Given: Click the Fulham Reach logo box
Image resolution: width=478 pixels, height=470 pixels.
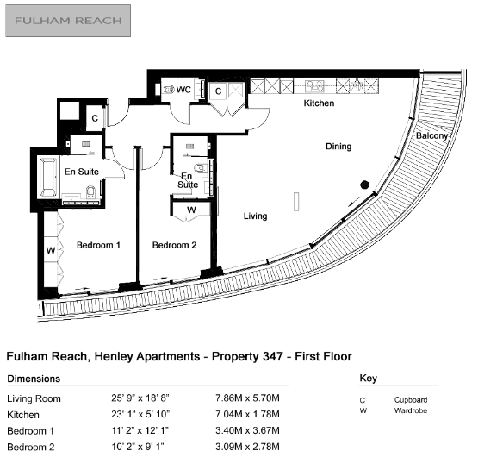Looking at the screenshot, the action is click(x=68, y=21).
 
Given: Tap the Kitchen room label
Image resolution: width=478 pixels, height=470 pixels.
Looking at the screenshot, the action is click(x=319, y=103).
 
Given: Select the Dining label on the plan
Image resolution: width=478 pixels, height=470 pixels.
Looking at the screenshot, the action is click(x=338, y=147).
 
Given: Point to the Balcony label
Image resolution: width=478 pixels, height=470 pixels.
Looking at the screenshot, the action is click(x=432, y=135).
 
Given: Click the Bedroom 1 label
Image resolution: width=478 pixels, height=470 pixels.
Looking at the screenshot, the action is click(x=98, y=245).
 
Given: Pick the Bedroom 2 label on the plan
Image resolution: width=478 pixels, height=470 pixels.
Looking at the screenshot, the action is click(x=174, y=245).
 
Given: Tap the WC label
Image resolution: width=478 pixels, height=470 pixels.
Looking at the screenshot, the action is click(x=183, y=90).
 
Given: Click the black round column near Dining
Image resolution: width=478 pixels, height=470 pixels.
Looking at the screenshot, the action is click(x=364, y=185).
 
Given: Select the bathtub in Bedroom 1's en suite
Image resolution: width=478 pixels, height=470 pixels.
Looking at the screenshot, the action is click(x=48, y=177).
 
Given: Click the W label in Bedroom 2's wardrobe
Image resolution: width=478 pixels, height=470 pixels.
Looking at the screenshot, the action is click(x=191, y=210).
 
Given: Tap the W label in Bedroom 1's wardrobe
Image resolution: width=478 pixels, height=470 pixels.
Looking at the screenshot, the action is click(x=51, y=251).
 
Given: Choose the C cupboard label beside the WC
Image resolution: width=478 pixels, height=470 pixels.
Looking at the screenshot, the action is click(x=218, y=91).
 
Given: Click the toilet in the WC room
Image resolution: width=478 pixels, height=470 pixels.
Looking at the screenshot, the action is click(x=168, y=90).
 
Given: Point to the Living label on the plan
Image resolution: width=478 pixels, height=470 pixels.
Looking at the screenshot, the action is click(x=256, y=216).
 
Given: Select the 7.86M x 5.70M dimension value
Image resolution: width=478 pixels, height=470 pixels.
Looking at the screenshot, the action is click(x=247, y=398).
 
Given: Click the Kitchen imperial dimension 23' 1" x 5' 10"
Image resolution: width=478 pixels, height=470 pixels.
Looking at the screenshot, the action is click(x=140, y=415).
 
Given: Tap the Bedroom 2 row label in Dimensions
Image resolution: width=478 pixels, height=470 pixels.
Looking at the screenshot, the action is click(x=31, y=447).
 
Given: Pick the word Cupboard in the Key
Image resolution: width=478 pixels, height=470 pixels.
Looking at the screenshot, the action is click(x=411, y=400).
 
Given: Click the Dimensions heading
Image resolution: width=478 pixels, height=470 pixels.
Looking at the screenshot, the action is click(x=34, y=379).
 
